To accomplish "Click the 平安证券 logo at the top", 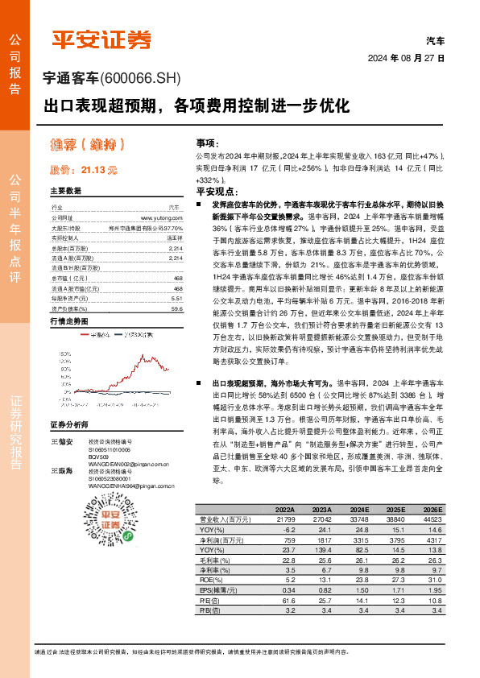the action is tap(101, 38).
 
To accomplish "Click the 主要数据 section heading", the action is tap(66, 192).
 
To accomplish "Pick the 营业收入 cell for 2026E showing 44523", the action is tap(432, 520).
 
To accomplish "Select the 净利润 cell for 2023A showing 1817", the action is tap(320, 540).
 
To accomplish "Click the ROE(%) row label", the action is tap(212, 578).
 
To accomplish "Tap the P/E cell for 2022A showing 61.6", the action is tap(284, 600).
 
